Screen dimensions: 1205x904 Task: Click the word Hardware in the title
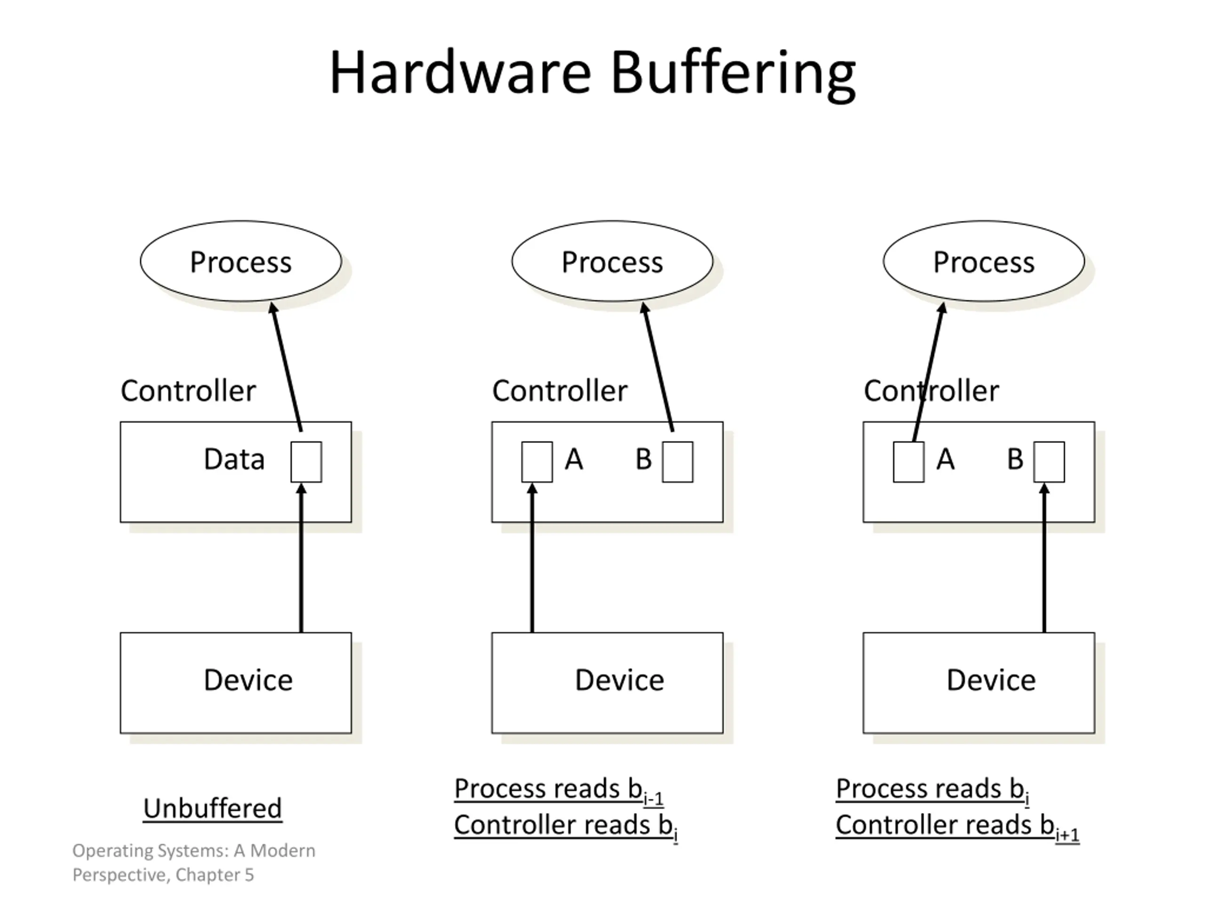[460, 73]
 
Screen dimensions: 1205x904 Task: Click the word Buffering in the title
[733, 75]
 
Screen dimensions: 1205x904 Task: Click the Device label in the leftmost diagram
[249, 680]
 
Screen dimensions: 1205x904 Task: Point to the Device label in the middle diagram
[620, 680]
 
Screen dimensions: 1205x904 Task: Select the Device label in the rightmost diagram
[991, 680]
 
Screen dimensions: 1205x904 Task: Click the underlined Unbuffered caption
[212, 808]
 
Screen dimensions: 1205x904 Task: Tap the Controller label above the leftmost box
[188, 391]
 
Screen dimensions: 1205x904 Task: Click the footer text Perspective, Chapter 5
[163, 875]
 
